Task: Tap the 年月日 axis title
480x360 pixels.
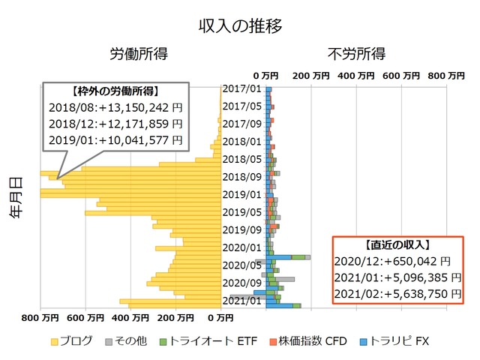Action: tap(16, 196)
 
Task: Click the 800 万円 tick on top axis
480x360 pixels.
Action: tap(445, 76)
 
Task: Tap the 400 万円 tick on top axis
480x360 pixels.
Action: tap(355, 76)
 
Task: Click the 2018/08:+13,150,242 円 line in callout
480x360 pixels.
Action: tap(115, 107)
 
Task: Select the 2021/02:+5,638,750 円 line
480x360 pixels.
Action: tap(397, 294)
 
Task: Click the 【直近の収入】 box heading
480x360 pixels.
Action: tap(397, 245)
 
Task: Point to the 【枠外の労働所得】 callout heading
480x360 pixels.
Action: tap(115, 91)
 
